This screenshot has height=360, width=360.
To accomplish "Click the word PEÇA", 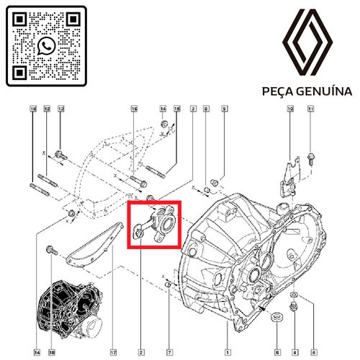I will click(x=279, y=92).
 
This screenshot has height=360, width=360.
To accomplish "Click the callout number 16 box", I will click(x=134, y=109).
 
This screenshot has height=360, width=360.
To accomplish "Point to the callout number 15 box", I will click(x=176, y=109).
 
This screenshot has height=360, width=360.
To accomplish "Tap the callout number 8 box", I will click(x=206, y=109).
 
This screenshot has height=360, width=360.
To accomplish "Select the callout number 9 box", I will click(x=224, y=109).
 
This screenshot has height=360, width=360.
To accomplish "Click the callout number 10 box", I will click(x=290, y=109).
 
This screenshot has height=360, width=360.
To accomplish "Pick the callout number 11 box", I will click(x=311, y=109).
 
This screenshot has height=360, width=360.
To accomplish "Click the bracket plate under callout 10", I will click(x=290, y=173).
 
